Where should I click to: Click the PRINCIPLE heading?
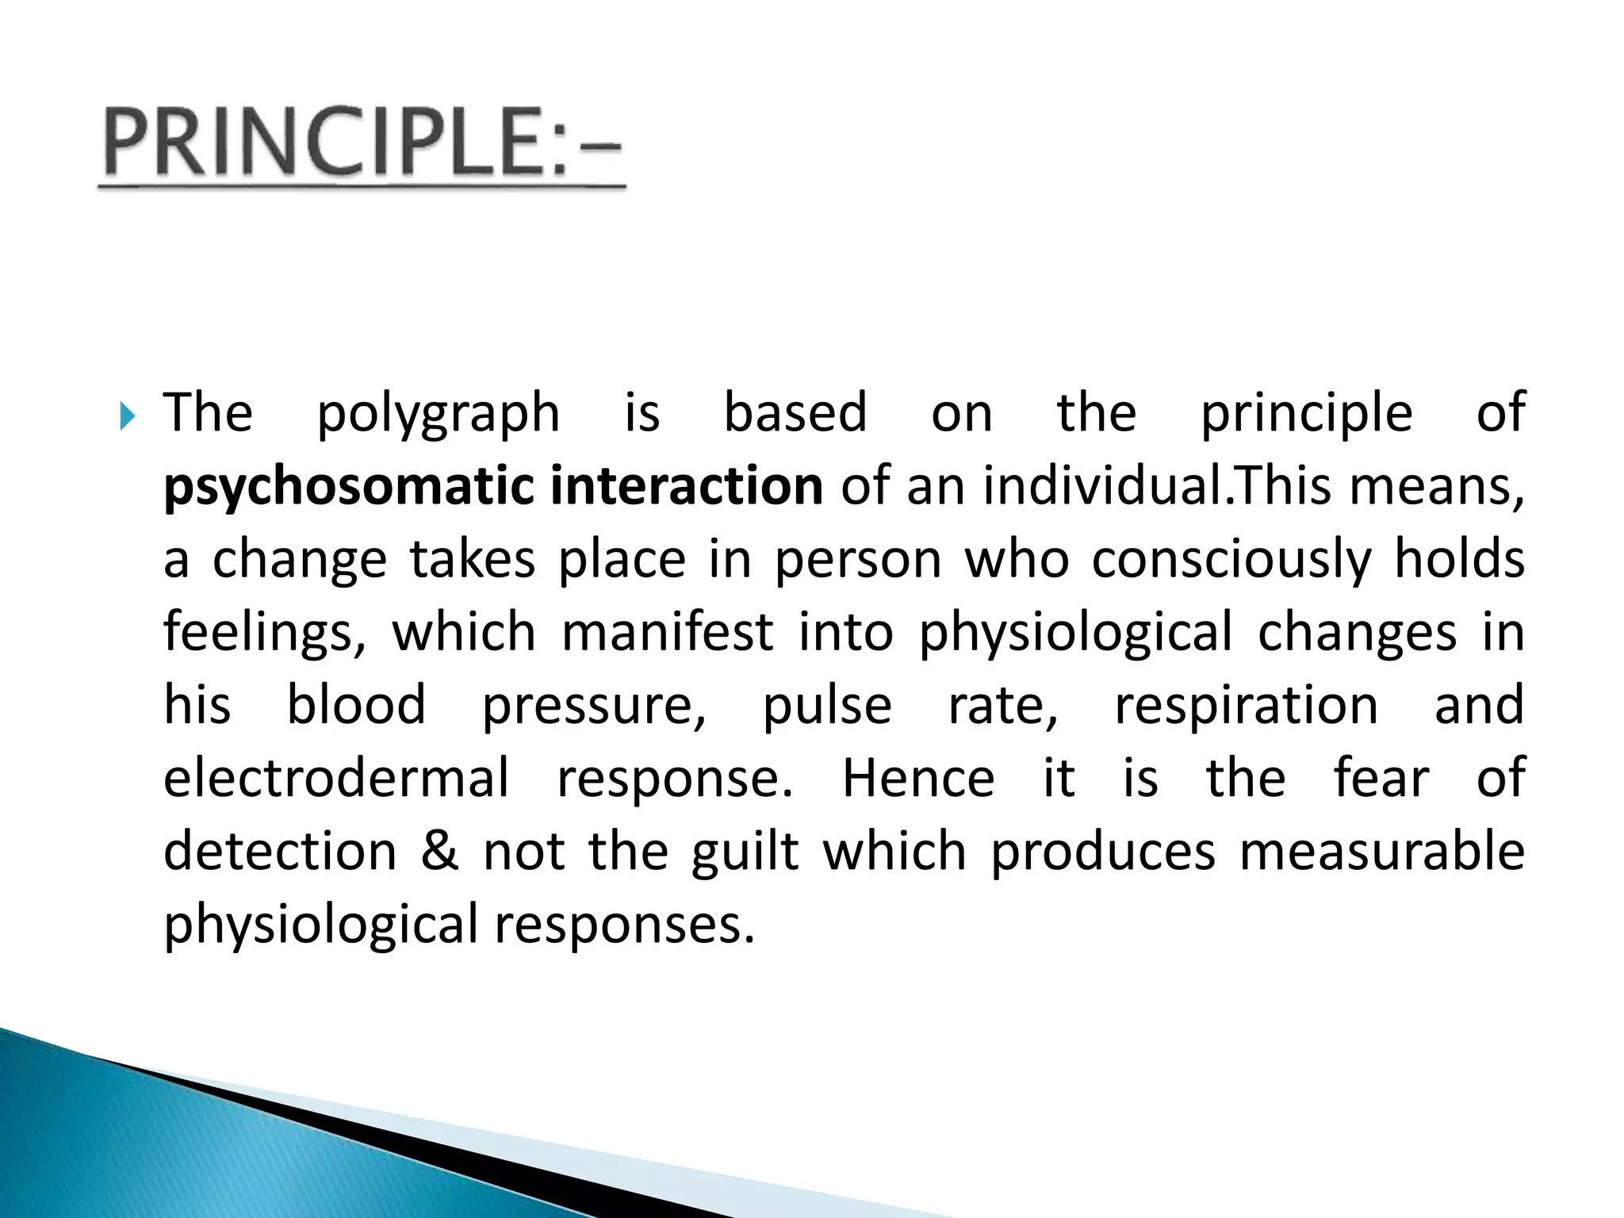362,143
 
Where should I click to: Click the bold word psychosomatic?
348,487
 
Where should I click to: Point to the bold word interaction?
686,485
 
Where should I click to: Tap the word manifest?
667,633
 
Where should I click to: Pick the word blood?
356,705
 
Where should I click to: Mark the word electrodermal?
336,778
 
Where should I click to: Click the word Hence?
918,778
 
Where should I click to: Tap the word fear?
1381,778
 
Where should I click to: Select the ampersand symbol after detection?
440,851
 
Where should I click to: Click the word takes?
473,560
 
